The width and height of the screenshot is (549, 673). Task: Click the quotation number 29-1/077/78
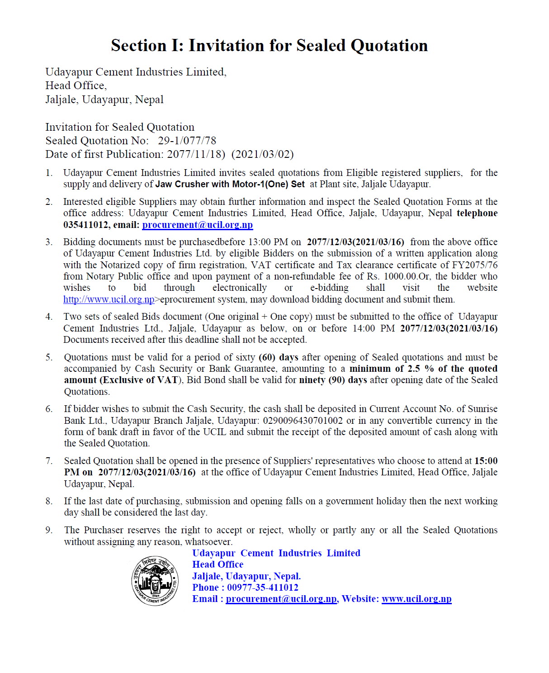(x=187, y=141)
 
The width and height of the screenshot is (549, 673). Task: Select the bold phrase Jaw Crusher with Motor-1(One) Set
(x=230, y=184)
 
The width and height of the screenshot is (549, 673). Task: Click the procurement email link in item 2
(x=197, y=225)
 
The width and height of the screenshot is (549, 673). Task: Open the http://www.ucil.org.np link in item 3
(x=109, y=299)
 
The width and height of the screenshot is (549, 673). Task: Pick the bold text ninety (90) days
(x=333, y=380)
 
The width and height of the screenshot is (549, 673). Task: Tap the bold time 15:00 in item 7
(x=486, y=461)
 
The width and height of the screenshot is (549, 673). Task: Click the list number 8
(x=49, y=501)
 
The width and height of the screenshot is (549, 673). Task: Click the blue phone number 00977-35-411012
(x=262, y=588)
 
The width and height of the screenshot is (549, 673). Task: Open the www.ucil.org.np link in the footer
(x=416, y=599)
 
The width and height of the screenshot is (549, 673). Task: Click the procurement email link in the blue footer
(x=281, y=599)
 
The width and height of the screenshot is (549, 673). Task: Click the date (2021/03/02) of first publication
(x=262, y=154)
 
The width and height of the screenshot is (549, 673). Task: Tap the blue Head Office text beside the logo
(x=218, y=564)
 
